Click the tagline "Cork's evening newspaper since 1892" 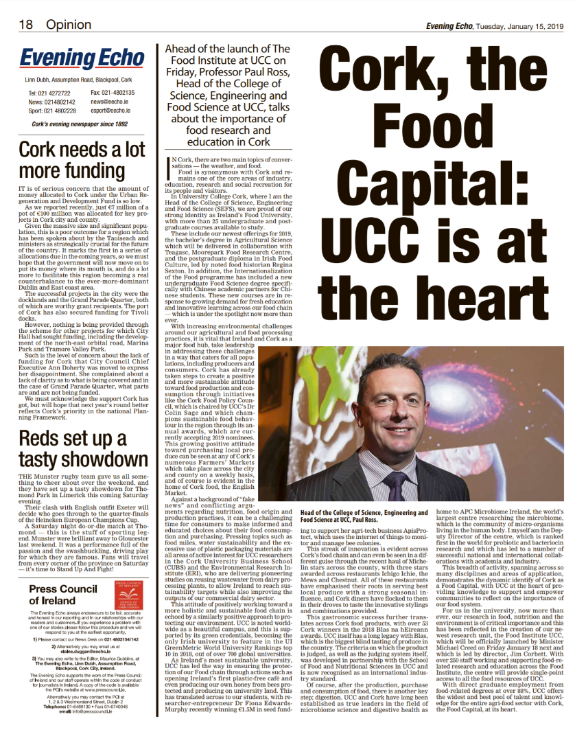[x=79, y=124]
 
